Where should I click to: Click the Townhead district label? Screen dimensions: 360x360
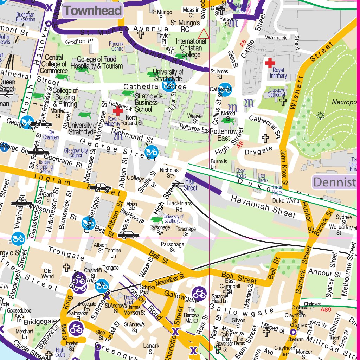pos(93,11)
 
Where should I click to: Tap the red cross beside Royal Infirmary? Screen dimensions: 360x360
pos(270,63)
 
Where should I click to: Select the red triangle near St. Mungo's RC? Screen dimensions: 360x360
pos(204,34)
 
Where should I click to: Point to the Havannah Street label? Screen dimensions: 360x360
pos(263,206)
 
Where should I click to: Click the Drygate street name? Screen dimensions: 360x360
pos(258,150)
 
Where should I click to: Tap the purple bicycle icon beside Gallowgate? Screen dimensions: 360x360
pos(199,293)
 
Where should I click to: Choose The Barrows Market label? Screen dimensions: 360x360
pos(192,315)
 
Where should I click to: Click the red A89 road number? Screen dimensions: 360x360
pos(326,310)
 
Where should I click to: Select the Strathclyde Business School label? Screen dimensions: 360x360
pos(146,102)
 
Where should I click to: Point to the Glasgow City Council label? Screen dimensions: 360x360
pos(76,153)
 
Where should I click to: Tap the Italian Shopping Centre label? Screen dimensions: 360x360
pos(44,167)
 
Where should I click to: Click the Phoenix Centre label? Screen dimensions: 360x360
pos(116,46)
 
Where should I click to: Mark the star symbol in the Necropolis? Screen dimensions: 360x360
pos(320,115)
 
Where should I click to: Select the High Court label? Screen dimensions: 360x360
pos(60,352)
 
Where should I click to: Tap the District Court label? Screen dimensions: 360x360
pos(129,300)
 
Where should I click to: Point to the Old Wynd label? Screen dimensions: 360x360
pos(48,274)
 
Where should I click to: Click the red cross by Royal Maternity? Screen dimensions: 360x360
pos(117,110)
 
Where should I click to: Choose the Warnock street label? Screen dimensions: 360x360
pos(276,37)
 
